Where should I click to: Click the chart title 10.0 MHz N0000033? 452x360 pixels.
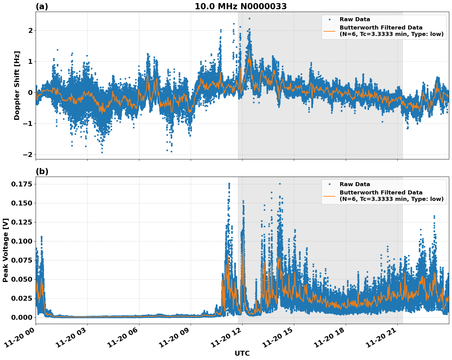(240, 6)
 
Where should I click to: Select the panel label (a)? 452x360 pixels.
(42, 6)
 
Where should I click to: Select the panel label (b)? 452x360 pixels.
(42, 171)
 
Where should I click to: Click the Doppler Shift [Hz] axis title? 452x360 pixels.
(17, 85)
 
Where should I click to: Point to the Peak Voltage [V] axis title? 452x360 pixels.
(5, 250)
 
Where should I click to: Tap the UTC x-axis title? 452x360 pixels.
(242, 353)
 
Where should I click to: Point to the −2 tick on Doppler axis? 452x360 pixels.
(28, 155)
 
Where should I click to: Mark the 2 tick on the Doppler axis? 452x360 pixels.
(30, 30)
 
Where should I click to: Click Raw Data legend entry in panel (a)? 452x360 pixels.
(355, 19)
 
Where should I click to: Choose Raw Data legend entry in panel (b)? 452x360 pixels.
(355, 184)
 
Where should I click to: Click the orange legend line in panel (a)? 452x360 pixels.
(329, 31)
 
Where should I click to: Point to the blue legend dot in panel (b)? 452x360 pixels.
(329, 184)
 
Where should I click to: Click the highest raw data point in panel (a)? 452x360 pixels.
(249, 18)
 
